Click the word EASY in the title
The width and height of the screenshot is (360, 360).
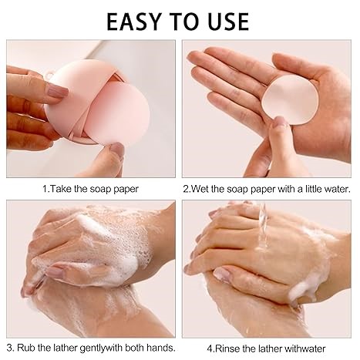133,22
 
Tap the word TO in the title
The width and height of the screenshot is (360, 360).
183,22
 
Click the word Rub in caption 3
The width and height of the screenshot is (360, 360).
26,348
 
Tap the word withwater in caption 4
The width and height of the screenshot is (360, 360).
305,348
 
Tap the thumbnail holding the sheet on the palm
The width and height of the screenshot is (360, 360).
279,121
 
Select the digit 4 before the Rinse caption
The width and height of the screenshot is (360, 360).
210,349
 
